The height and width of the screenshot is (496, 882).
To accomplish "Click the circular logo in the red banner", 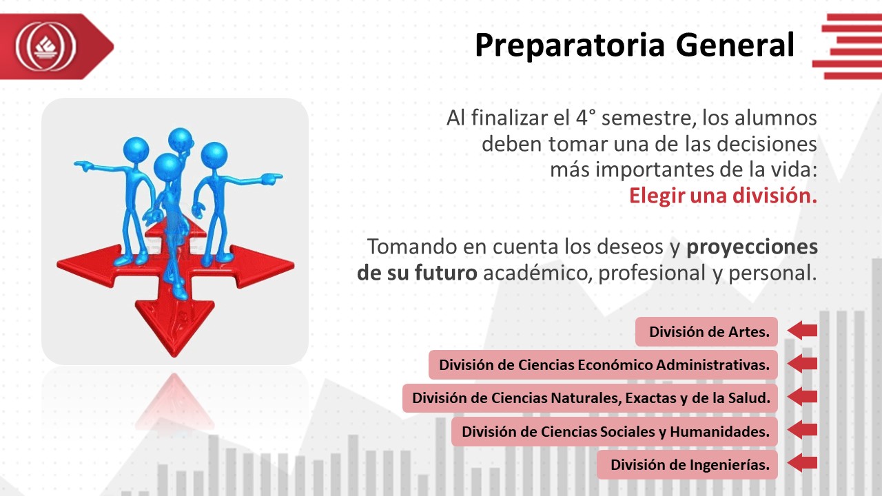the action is coord(46,46).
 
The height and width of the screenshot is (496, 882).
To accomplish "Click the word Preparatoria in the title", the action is coord(570,46).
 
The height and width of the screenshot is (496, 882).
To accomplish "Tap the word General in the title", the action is coord(735,45).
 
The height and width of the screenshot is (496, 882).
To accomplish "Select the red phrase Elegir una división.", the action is coord(723,196).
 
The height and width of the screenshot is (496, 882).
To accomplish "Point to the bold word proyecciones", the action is coord(752,248).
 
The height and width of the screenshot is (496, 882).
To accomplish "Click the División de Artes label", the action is coord(706,332).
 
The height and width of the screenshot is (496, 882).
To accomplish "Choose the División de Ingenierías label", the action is coord(687,465).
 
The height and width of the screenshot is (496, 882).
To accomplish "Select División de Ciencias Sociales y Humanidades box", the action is coord(614,432).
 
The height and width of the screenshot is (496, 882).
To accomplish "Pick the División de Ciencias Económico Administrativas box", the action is coord(603,365).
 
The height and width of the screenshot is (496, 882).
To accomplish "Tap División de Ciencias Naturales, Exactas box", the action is coord(590,398).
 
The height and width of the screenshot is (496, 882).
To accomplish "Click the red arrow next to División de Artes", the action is coord(802,330).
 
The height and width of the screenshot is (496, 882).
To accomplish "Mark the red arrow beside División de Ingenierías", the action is coord(802,463).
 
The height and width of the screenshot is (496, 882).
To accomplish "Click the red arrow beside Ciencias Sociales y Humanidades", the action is coord(802,429).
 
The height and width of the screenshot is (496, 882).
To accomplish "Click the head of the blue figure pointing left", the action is coord(136,149).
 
